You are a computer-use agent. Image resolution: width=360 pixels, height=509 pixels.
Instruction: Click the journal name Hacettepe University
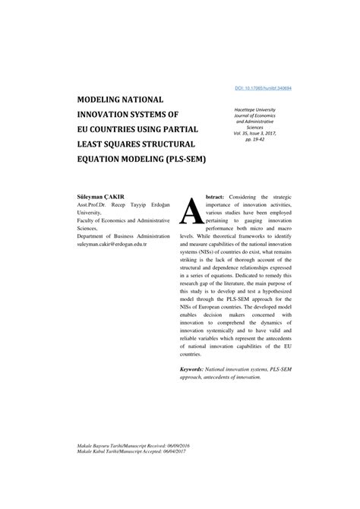[266, 111]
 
